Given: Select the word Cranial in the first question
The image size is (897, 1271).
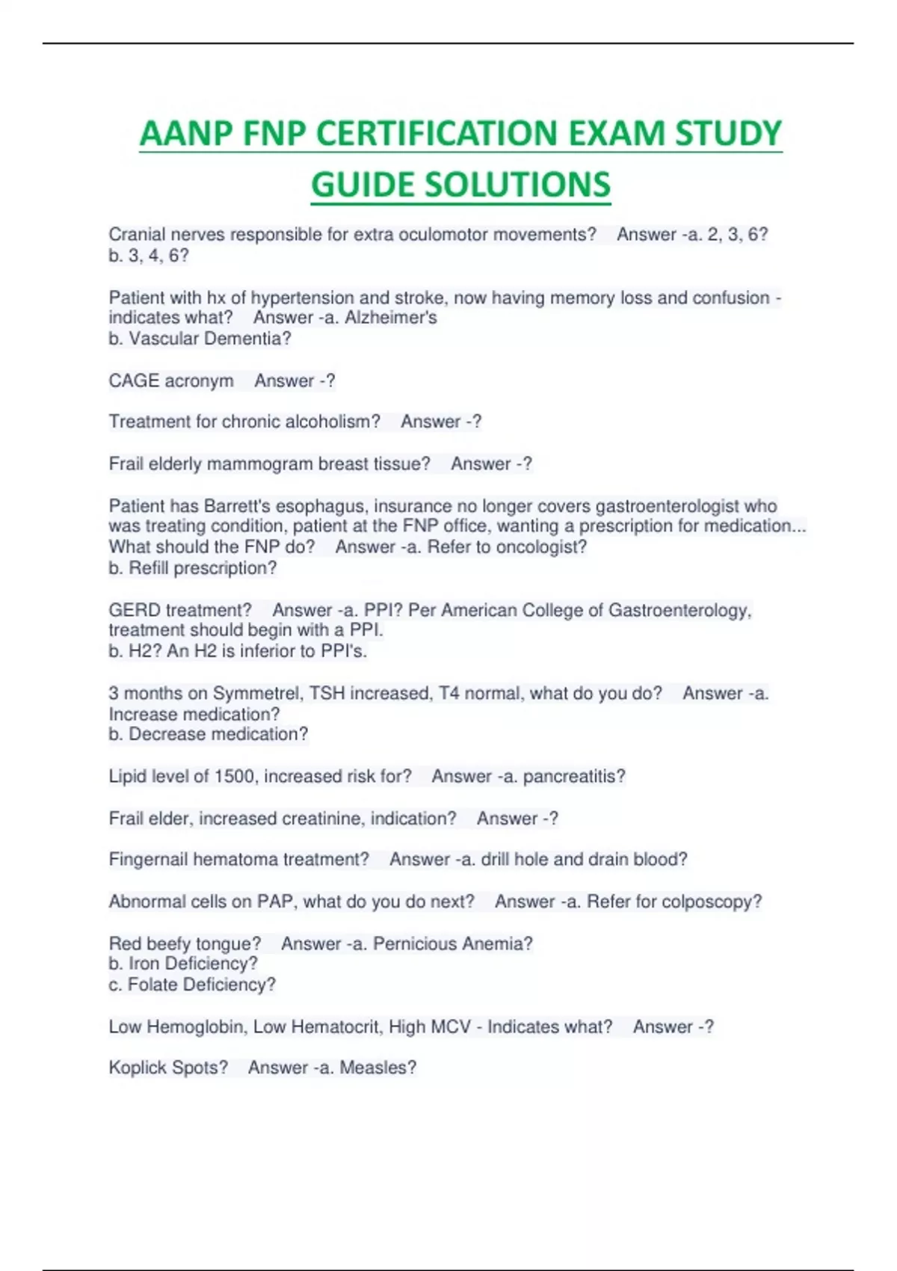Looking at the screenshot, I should pyautogui.click(x=137, y=235).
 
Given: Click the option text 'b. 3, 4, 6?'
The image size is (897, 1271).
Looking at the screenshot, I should pyautogui.click(x=149, y=256).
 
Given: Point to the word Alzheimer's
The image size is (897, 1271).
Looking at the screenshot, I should pyautogui.click(x=391, y=318).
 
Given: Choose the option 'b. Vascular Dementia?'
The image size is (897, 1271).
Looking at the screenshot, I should pyautogui.click(x=200, y=339).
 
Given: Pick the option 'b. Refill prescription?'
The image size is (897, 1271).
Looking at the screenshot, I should pyautogui.click(x=192, y=568).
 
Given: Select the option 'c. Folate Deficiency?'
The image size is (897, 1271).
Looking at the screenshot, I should pyautogui.click(x=192, y=985).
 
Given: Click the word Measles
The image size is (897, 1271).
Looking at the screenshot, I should pyautogui.click(x=377, y=1068).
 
